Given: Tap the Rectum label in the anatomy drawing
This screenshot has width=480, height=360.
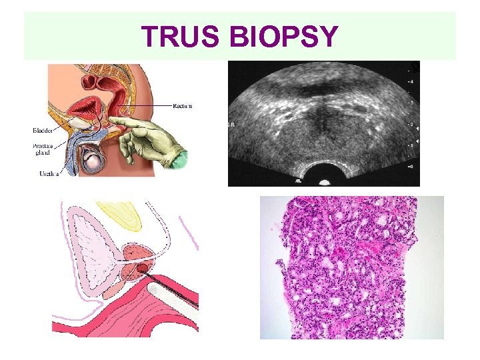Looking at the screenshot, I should click(x=182, y=106).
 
